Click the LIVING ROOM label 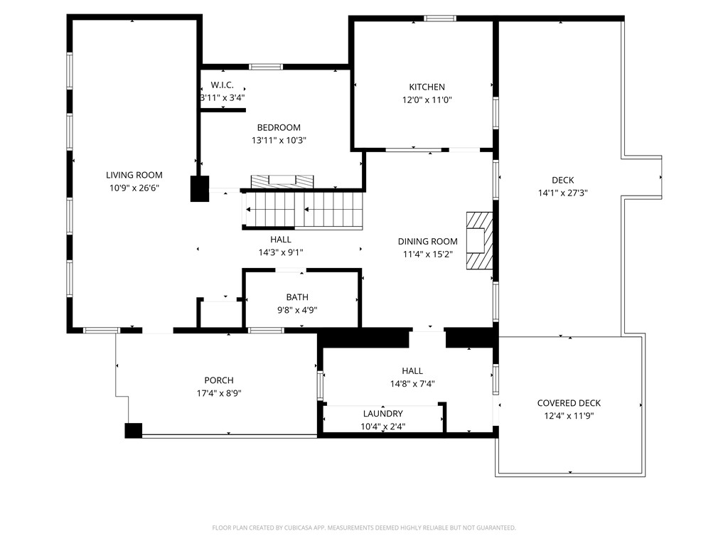click(x=134, y=175)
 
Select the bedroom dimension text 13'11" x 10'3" click(x=279, y=141)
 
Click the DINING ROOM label click(x=427, y=242)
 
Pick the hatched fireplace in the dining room click(x=478, y=241)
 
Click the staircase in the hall click(x=304, y=210)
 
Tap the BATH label click(x=297, y=297)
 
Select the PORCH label click(x=218, y=380)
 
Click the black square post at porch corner click(x=134, y=430)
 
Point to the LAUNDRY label click(x=382, y=414)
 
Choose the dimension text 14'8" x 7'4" click(x=412, y=384)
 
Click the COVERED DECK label click(x=569, y=403)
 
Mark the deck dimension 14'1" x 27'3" click(x=562, y=193)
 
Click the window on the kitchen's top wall click(x=440, y=18)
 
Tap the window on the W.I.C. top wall click(x=266, y=67)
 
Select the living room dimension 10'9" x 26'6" click(x=134, y=188)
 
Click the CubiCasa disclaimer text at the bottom click(x=364, y=528)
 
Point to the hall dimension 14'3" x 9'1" click(x=280, y=252)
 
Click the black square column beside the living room click(x=199, y=188)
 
